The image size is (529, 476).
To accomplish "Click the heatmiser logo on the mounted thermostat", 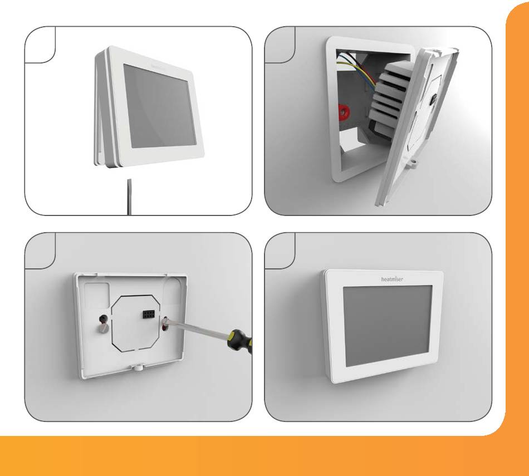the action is tap(391, 279).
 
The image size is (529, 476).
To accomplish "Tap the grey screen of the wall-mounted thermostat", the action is tap(388, 326).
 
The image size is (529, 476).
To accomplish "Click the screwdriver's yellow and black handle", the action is tap(239, 340).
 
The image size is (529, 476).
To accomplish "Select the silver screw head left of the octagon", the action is tap(103, 328).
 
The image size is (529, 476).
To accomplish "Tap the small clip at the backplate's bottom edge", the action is tap(137, 367).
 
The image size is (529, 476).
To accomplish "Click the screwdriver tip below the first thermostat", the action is tap(129, 197).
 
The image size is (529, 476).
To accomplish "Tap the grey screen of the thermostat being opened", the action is tap(159, 106).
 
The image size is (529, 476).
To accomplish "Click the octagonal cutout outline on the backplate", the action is tap(135, 322).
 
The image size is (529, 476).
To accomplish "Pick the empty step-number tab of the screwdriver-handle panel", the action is tap(40, 251).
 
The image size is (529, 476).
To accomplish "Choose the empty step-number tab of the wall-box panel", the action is tap(280, 45).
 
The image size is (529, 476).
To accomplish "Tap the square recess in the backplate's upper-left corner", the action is tap(96, 295).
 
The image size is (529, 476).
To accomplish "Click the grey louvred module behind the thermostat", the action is tap(391, 98).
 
